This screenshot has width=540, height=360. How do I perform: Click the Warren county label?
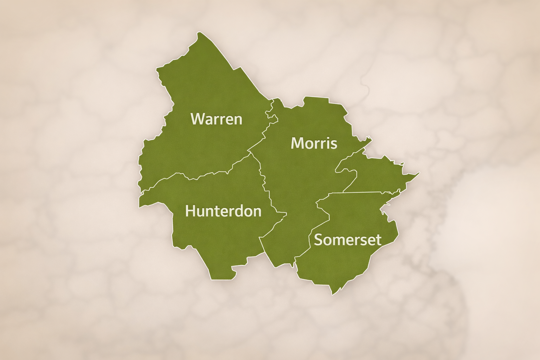click(x=216, y=119)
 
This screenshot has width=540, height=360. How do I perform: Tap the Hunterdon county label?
click(x=223, y=211)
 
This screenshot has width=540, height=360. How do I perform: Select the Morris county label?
click(x=314, y=143)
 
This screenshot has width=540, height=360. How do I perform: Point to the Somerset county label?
click(x=347, y=240)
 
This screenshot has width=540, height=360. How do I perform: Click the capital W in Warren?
click(x=197, y=119)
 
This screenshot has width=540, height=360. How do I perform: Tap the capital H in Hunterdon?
click(x=190, y=211)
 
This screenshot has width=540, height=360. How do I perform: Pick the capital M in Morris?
click(x=297, y=143)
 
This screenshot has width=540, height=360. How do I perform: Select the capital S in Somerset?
click(x=319, y=240)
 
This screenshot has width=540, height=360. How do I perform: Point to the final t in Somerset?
click(x=379, y=240)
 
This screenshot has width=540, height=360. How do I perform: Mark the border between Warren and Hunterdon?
click(x=197, y=178)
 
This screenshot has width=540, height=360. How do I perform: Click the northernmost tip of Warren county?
click(x=199, y=33)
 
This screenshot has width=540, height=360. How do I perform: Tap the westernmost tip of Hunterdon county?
click(x=140, y=206)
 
